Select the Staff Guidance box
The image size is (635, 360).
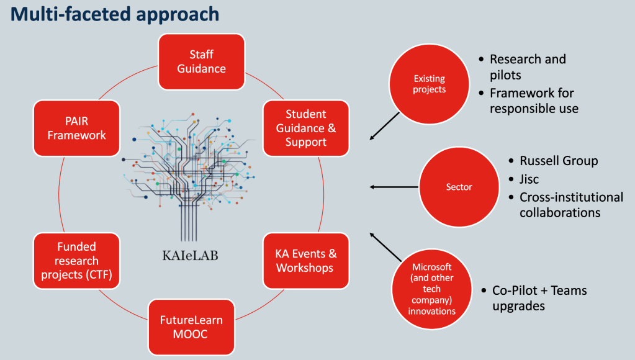[202, 61]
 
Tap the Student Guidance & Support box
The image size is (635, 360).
[305, 128]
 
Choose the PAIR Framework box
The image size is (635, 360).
[76, 127]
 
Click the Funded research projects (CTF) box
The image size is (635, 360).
[76, 261]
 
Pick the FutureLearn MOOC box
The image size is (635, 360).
[191, 327]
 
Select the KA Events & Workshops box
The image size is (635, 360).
[305, 261]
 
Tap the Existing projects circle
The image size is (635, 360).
[430, 84]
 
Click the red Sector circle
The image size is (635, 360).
[459, 186]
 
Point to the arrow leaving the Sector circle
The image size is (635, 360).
[394, 186]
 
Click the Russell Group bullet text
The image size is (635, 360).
[559, 161]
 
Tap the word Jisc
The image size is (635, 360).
[529, 179]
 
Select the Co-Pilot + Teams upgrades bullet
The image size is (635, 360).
[539, 298]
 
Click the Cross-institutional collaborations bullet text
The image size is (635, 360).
[570, 205]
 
